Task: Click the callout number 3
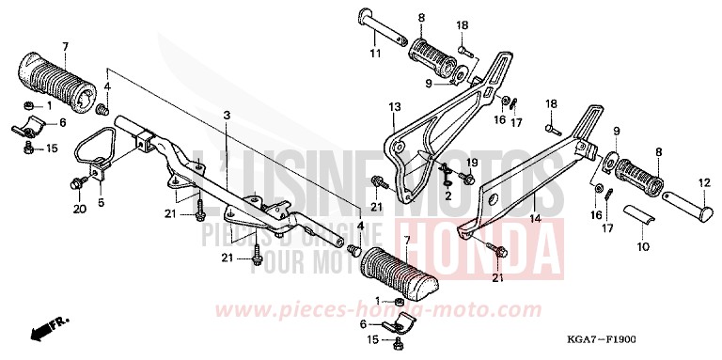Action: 227,116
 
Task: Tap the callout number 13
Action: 394,106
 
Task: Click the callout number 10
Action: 641,247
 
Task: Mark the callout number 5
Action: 101,200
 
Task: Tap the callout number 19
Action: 473,162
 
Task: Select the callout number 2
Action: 448,196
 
